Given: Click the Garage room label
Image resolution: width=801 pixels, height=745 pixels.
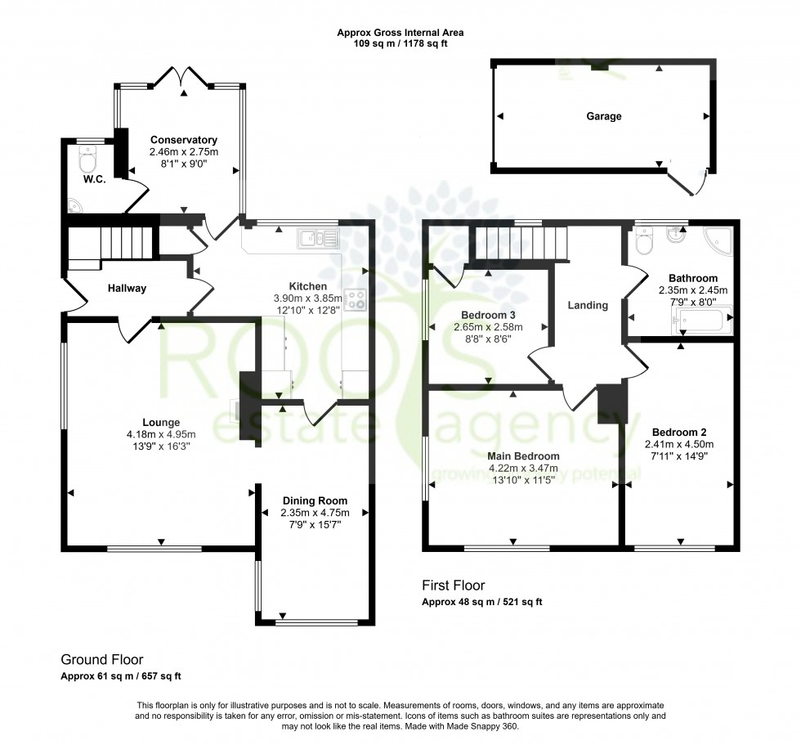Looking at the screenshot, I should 603,116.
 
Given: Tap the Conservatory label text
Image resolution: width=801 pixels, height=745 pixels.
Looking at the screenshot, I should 183,140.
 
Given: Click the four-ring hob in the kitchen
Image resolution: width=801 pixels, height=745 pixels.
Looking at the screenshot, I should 356,300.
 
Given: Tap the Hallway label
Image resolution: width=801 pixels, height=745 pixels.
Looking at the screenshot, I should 126,288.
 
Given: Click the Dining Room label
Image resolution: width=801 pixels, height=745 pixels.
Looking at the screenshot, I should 315,500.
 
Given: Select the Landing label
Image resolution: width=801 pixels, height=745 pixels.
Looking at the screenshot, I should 588,305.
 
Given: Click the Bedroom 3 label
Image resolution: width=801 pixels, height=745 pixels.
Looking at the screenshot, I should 488,315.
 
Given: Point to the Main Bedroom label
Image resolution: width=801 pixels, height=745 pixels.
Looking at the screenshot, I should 524,456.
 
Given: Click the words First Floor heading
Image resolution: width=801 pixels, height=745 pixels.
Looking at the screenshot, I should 453,585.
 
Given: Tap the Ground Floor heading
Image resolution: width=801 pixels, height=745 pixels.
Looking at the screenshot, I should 101,659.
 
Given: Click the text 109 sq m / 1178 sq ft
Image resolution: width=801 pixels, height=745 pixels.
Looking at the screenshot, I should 400,43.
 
